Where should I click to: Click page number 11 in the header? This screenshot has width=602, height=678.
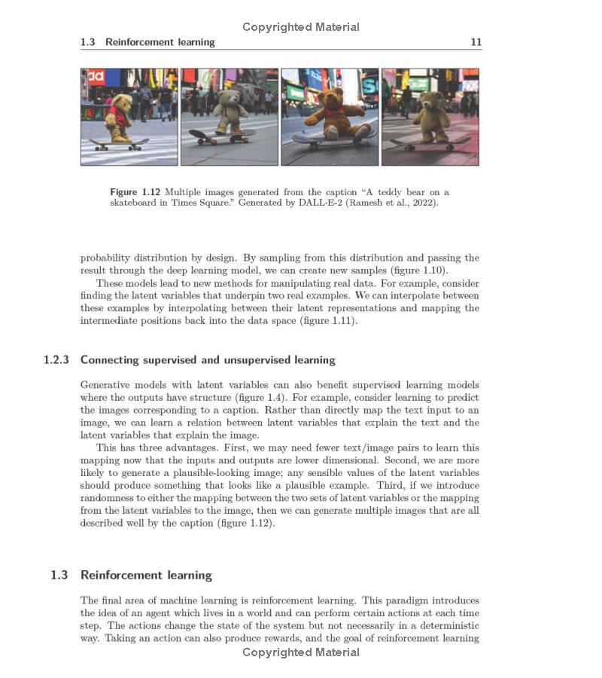(x=476, y=42)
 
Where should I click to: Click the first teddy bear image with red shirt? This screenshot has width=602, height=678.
(x=129, y=117)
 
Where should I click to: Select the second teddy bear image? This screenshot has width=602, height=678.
(x=230, y=117)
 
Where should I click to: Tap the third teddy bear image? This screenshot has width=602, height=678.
(x=330, y=117)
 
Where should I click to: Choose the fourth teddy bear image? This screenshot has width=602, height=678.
(x=430, y=117)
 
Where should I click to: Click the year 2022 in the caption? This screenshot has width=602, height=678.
(x=422, y=203)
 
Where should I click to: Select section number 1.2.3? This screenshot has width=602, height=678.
(x=56, y=360)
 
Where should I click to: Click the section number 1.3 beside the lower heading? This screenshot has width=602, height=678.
(x=59, y=576)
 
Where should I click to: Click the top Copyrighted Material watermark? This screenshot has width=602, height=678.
(x=301, y=27)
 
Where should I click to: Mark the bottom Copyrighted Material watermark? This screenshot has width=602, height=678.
(x=301, y=652)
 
